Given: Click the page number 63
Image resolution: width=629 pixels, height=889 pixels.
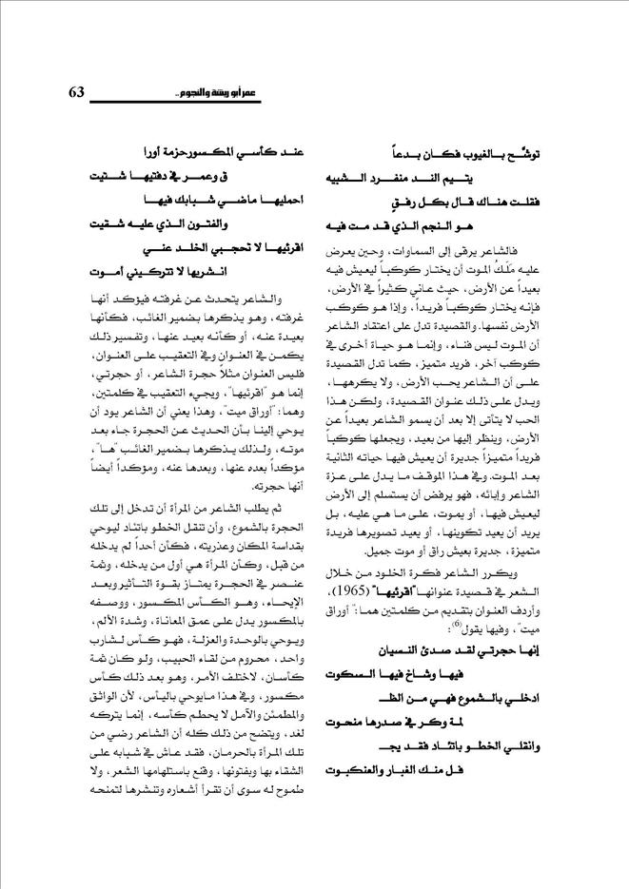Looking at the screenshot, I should point(78,92).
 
